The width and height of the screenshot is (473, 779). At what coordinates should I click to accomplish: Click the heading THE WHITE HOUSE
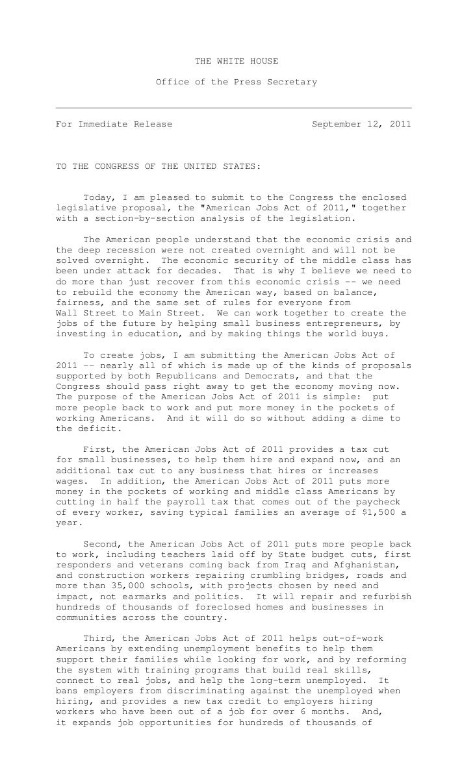point(236,61)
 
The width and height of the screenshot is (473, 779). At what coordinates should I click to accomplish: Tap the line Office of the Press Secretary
point(236,82)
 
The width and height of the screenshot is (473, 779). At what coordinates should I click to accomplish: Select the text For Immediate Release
point(114,123)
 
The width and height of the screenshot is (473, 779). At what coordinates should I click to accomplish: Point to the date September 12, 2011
point(361,123)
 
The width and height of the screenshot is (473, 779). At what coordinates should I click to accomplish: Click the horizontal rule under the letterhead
point(234,107)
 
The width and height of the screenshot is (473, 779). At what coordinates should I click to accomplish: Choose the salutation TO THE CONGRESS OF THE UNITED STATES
point(158,166)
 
